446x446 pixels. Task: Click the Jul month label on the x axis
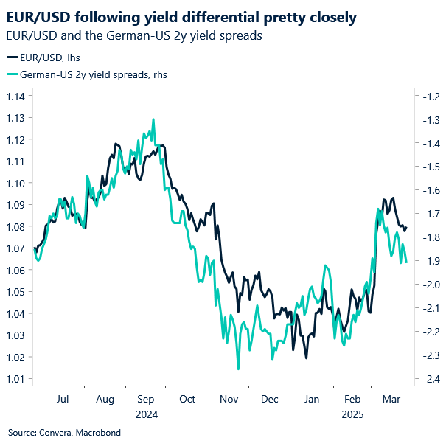coord(63,400)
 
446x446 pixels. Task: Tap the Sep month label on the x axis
coord(146,400)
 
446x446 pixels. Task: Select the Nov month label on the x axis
coord(229,400)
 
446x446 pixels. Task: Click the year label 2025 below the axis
coord(353,414)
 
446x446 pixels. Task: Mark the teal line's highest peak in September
coord(153,119)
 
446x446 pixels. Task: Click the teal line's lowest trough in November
coord(238,369)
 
